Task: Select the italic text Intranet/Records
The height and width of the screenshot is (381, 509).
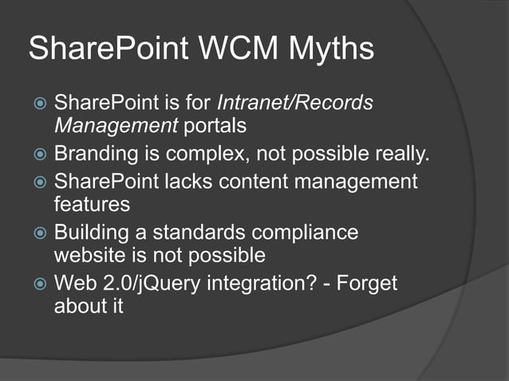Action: click(x=295, y=103)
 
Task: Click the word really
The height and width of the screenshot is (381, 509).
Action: click(x=405, y=153)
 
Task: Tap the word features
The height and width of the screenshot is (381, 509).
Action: click(x=92, y=204)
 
